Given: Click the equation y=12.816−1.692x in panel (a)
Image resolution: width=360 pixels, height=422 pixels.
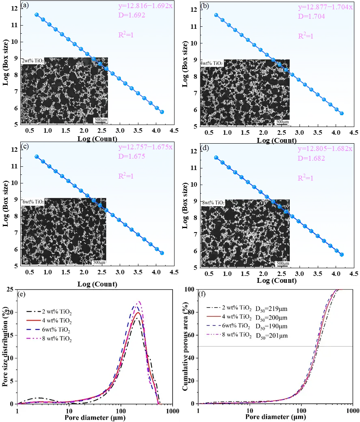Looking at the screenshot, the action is tap(145, 6).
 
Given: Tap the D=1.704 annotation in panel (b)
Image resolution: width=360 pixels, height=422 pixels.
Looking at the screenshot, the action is tap(311, 16).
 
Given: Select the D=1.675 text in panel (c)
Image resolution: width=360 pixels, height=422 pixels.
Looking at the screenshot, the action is tap(131, 156).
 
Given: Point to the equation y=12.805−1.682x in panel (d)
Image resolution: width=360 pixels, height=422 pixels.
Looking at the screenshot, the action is tap(325, 149).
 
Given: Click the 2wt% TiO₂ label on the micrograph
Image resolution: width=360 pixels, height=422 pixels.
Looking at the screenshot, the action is tap(32, 61).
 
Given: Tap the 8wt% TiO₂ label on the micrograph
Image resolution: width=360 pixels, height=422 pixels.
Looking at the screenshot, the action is tap(213, 202).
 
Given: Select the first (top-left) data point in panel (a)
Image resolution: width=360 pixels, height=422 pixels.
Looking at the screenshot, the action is tap(37, 15).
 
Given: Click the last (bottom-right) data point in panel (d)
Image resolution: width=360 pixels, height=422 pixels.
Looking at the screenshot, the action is tap(342, 254).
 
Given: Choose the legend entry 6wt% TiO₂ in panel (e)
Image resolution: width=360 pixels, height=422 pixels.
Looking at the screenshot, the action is tap(49, 329).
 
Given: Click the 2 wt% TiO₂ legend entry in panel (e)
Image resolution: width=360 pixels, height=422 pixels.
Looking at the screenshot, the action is tap(49, 312).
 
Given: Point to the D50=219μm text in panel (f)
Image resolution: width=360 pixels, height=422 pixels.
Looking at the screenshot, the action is tap(271, 309).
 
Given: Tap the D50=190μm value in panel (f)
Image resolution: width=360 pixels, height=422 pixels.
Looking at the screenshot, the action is tap(271, 327).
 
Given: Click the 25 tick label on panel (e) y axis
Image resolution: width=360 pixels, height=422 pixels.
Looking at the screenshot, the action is tap(10, 290).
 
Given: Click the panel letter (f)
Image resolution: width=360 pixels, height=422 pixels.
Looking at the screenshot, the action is tap(202, 294).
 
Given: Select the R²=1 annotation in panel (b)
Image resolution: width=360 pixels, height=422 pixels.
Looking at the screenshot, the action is tap(306, 36).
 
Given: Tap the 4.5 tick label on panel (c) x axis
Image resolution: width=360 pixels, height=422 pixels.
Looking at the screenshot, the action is tap(174, 272).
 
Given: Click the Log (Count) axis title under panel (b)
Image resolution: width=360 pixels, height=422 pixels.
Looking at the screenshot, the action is tap(277, 140).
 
